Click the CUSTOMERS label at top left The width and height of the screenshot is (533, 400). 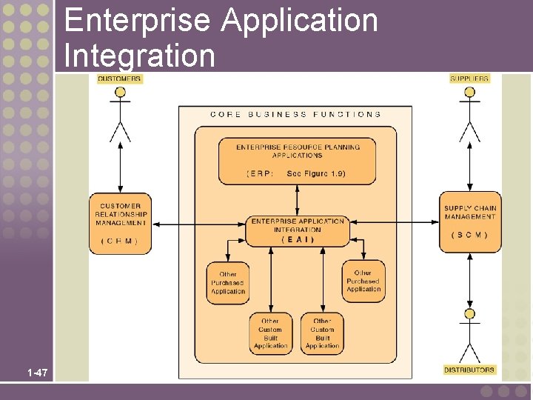coord(119,79)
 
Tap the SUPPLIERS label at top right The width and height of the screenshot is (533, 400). coord(469,79)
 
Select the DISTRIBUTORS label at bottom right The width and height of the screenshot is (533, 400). coord(469,369)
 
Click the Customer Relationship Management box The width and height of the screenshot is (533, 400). coord(120,223)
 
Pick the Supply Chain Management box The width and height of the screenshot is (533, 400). coord(470,223)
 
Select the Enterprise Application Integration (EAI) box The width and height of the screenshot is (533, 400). coord(298,230)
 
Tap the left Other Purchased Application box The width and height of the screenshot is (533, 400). coord(227,283)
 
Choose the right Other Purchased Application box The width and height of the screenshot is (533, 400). coord(363,281)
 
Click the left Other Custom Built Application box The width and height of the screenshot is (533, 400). coord(270,333)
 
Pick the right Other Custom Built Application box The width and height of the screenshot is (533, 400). coord(322,333)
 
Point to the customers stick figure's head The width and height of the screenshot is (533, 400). coord(120,93)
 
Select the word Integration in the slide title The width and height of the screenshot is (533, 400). coord(139,55)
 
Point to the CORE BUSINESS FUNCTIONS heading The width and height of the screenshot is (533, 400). coord(296,115)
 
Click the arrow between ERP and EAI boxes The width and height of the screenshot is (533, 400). coord(297,200)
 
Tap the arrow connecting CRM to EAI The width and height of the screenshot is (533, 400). coord(198,223)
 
